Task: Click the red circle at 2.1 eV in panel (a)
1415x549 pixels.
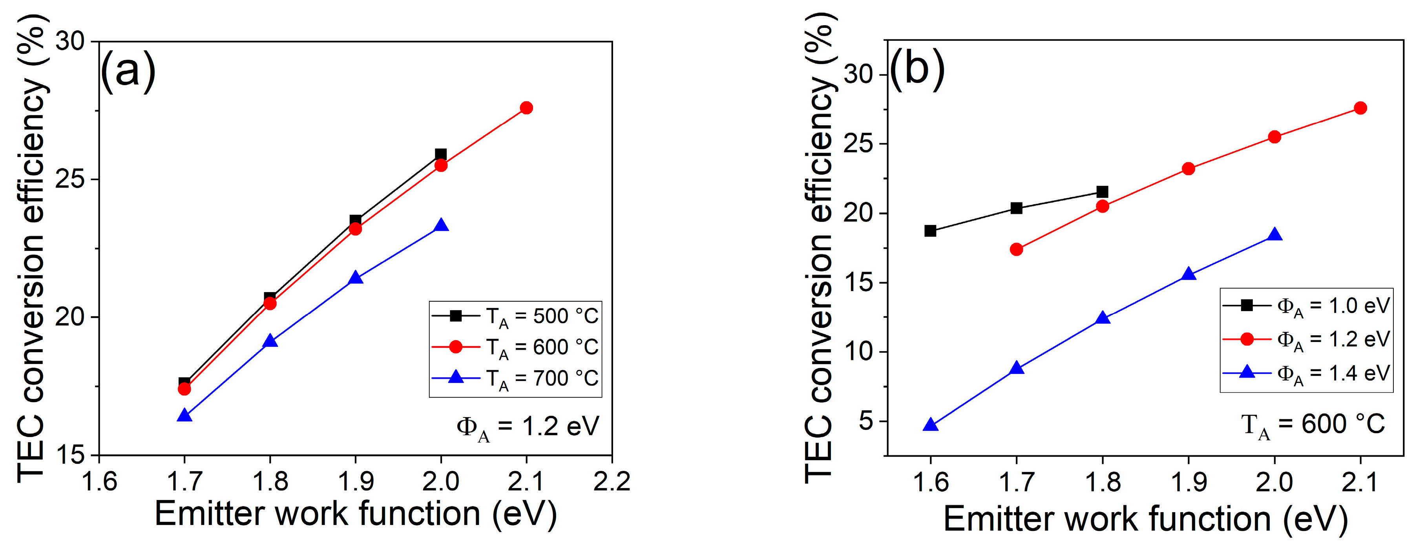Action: pos(526,108)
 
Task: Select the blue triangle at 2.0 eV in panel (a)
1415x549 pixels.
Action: pos(440,226)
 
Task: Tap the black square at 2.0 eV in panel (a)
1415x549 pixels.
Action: pos(440,154)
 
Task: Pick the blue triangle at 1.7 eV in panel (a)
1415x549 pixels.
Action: pos(184,415)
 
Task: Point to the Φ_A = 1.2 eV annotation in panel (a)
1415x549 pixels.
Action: pos(527,427)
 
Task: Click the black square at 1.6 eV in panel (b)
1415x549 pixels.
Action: pos(930,231)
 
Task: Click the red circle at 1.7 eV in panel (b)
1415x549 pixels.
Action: pos(1016,249)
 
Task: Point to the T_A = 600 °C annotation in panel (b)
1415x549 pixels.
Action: pos(1313,425)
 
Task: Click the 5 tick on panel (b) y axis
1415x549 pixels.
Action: pos(866,421)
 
